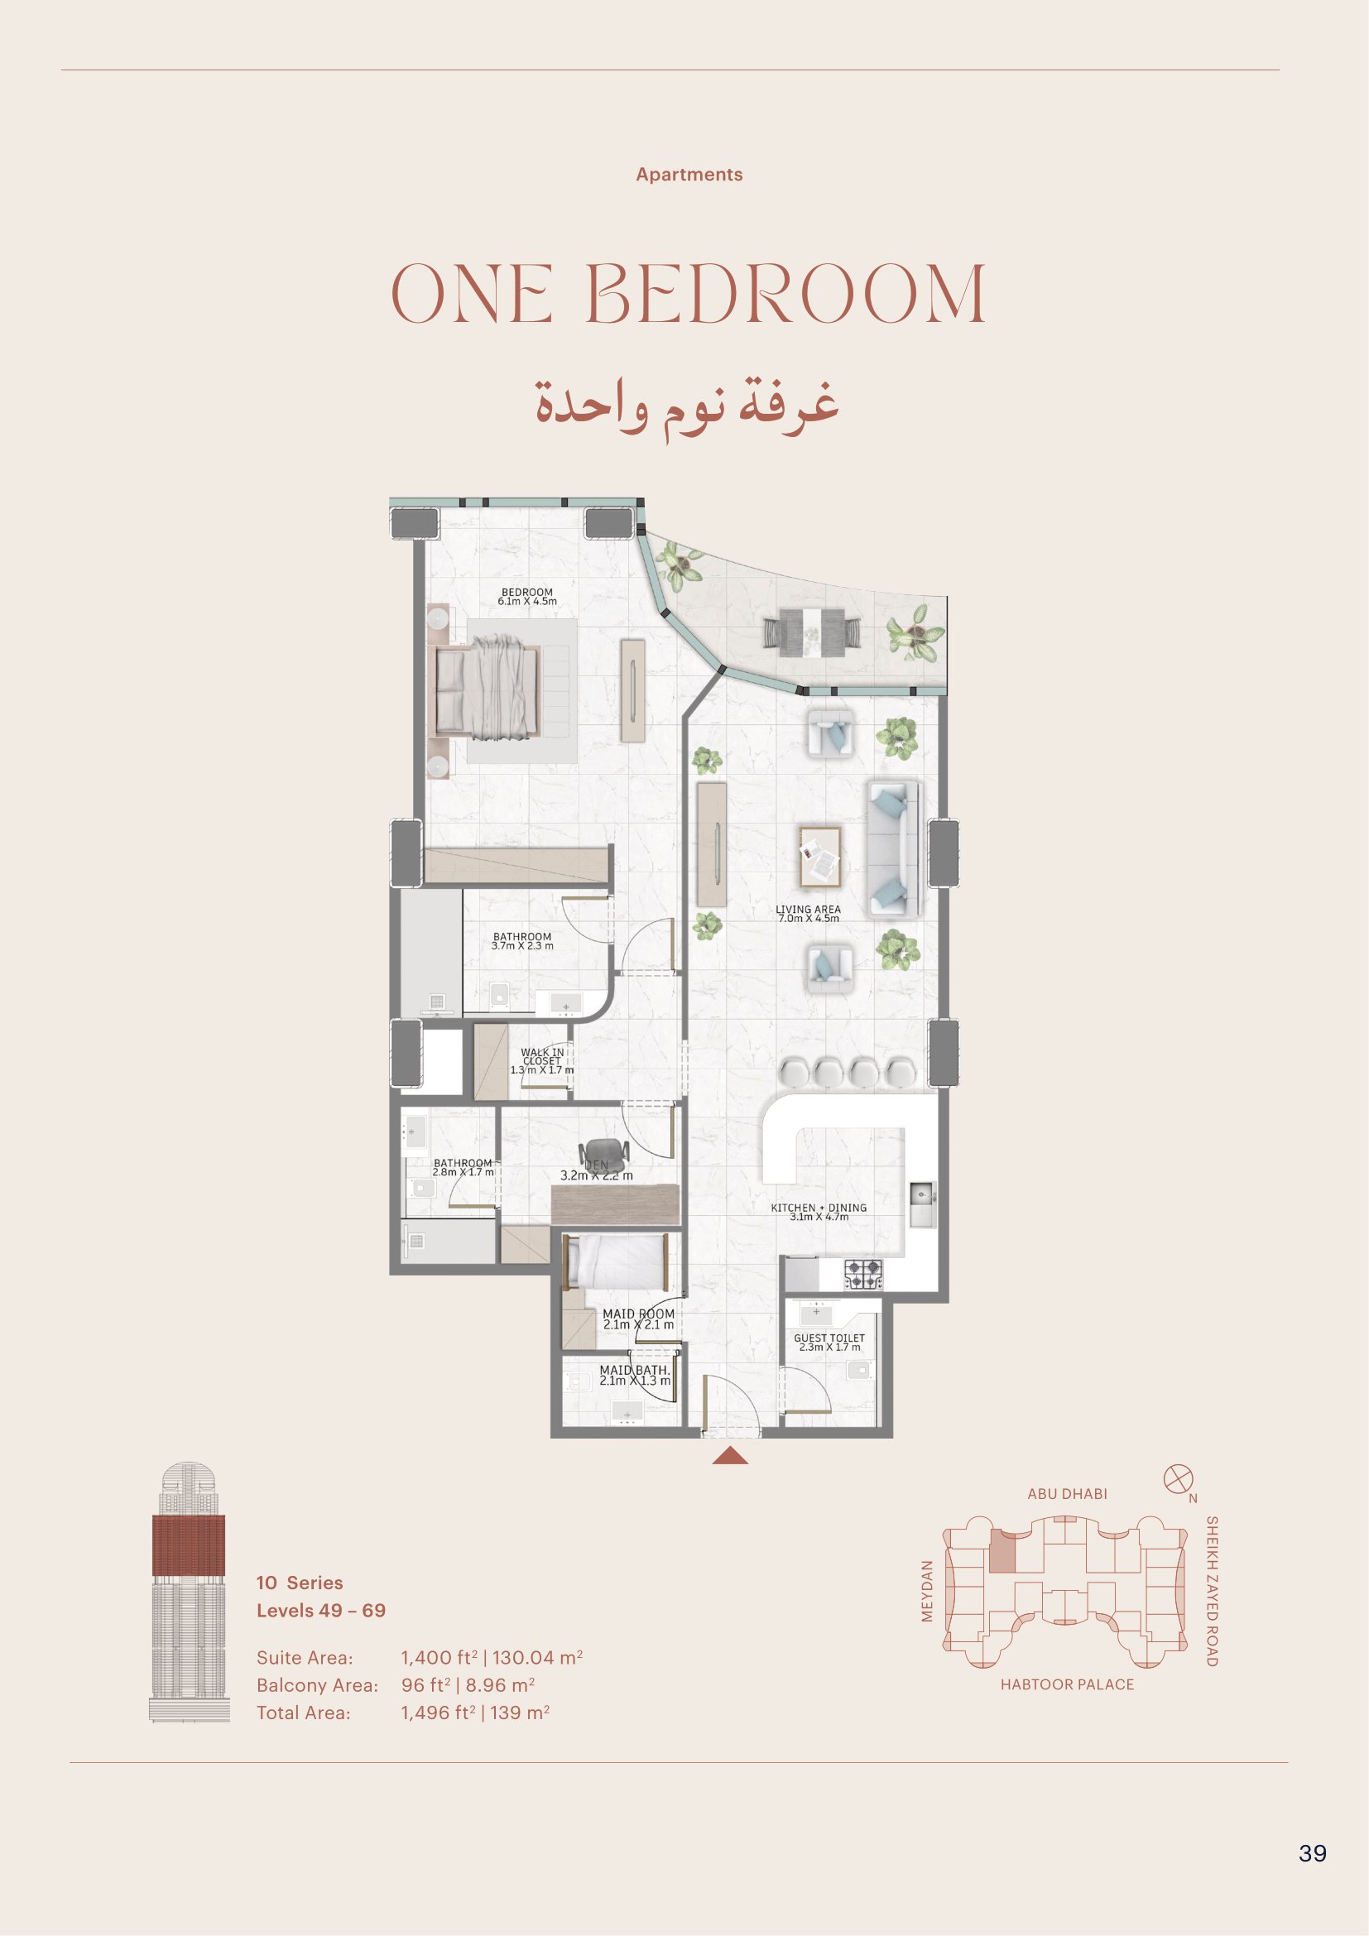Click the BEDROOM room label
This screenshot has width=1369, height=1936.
click(527, 593)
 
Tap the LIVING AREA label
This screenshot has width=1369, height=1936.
click(809, 910)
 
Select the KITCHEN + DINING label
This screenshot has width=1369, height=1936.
click(819, 1208)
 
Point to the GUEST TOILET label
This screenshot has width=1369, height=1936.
click(829, 1338)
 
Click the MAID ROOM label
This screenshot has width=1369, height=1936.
click(638, 1314)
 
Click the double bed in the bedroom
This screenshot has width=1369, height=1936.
click(488, 689)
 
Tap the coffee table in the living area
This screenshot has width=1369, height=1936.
click(820, 857)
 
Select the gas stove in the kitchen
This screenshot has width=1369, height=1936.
click(863, 1274)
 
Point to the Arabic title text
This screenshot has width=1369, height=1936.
click(687, 406)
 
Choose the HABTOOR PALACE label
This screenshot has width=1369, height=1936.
click(1067, 1684)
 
